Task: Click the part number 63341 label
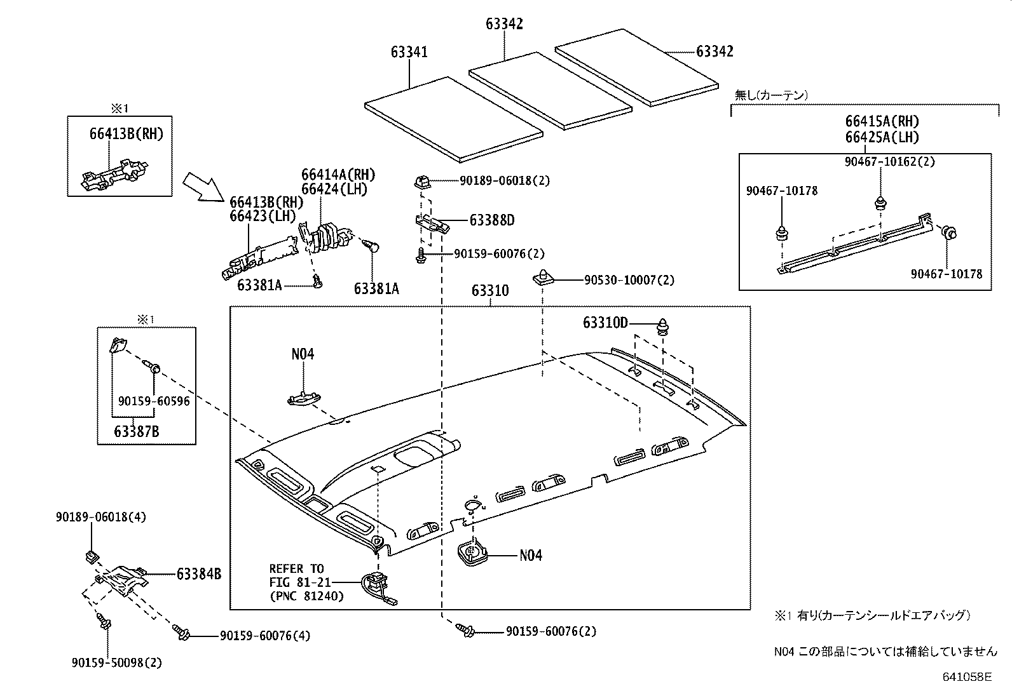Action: pyautogui.click(x=409, y=52)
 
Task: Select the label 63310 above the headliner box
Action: pyautogui.click(x=490, y=291)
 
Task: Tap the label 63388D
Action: pyautogui.click(x=492, y=220)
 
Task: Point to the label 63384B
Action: pyautogui.click(x=198, y=574)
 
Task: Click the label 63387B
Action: pyautogui.click(x=137, y=432)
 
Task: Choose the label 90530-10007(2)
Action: pyautogui.click(x=629, y=279)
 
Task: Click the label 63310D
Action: pyautogui.click(x=605, y=323)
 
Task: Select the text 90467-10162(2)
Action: pyautogui.click(x=890, y=162)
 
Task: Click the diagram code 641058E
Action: pyautogui.click(x=966, y=677)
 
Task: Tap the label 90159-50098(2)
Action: pyautogui.click(x=117, y=662)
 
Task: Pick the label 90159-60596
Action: pyautogui.click(x=154, y=401)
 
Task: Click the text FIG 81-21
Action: pyautogui.click(x=297, y=582)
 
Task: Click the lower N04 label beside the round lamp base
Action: pyautogui.click(x=531, y=555)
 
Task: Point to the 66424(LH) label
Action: pyautogui.click(x=334, y=189)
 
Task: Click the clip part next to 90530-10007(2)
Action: pyautogui.click(x=542, y=277)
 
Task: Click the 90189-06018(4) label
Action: pyautogui.click(x=100, y=517)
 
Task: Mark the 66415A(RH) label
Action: pyautogui.click(x=882, y=121)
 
